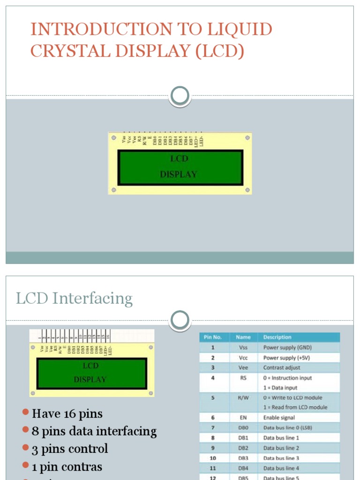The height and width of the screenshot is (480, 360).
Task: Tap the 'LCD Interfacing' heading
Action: pyautogui.click(x=74, y=299)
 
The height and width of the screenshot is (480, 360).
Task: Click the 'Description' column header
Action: pyautogui.click(x=277, y=337)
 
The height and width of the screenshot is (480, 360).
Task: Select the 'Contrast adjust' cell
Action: pyautogui.click(x=281, y=368)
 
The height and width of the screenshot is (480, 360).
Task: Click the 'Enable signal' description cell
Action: pyautogui.click(x=279, y=418)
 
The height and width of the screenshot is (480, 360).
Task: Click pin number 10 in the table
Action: pyautogui.click(x=212, y=458)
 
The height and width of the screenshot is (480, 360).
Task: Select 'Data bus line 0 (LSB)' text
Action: pyautogui.click(x=287, y=427)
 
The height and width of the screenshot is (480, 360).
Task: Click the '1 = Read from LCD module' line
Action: pyautogui.click(x=295, y=407)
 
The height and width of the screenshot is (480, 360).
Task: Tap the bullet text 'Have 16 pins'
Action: pyautogui.click(x=67, y=413)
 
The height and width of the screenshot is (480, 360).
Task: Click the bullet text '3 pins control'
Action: pyautogui.click(x=70, y=449)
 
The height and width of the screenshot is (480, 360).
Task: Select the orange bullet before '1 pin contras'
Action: pyautogui.click(x=26, y=465)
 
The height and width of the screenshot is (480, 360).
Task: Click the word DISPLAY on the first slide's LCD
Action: pyautogui.click(x=178, y=174)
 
